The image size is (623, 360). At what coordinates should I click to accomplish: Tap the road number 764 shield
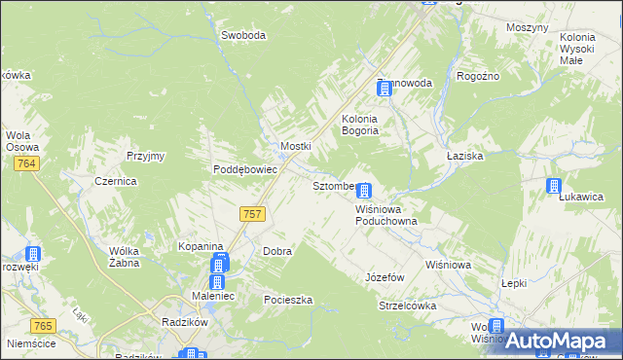click(x=27, y=164)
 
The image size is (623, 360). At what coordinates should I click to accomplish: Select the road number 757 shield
click(x=251, y=214)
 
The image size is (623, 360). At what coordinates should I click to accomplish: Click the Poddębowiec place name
click(x=246, y=168)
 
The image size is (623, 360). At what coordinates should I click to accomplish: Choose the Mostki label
click(x=295, y=146)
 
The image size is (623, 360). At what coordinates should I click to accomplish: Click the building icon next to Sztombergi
click(x=363, y=192)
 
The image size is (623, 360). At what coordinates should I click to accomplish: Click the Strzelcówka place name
click(x=407, y=306)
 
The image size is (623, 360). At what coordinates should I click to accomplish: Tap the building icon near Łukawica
click(x=555, y=186)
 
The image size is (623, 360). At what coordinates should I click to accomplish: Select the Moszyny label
click(x=528, y=27)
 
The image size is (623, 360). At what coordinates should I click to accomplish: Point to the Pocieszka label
click(x=287, y=300)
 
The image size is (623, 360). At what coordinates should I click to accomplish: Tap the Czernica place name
click(x=115, y=181)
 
